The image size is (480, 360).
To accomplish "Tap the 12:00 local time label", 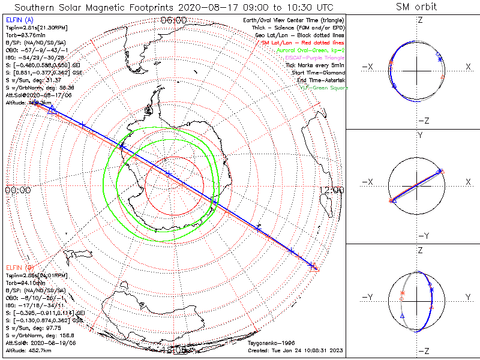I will click(x=332, y=190).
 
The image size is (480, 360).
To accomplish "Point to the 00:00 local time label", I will click(x=17, y=190).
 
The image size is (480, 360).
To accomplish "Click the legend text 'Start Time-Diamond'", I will click(x=319, y=73).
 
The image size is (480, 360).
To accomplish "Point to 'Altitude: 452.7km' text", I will click(x=26, y=350).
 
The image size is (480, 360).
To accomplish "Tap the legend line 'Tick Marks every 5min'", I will click(x=315, y=65).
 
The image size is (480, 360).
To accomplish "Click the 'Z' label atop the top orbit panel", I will click(x=420, y=20).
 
